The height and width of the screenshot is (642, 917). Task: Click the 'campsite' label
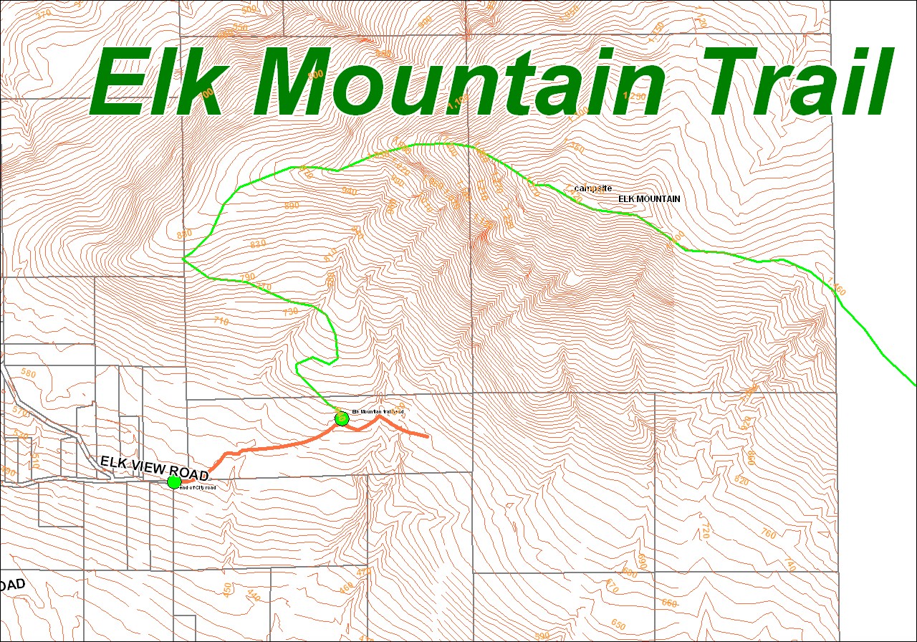pos(593,188)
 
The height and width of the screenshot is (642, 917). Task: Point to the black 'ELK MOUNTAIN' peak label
pos(649,198)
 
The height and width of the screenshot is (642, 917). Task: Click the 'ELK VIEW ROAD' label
pos(154,469)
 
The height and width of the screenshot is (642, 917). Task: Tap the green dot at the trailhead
pos(342,418)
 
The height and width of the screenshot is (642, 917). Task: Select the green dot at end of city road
pos(174,482)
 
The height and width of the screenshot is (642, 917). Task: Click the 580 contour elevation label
pos(29,373)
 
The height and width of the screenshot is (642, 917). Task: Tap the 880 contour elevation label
pos(185,234)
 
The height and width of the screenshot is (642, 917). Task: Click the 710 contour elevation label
pos(221,321)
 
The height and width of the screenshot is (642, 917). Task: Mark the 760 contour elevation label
pos(768,534)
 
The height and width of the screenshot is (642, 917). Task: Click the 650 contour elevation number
pos(618,624)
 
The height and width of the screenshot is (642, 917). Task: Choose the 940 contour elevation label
pos(350,191)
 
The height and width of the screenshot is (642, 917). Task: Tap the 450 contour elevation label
pos(229,589)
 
